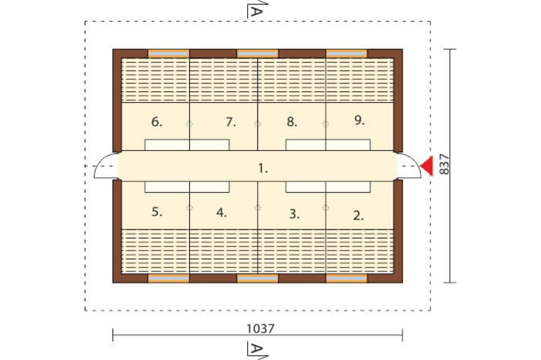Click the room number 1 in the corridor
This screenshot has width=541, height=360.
click(x=263, y=168)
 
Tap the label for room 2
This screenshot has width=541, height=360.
click(x=358, y=215)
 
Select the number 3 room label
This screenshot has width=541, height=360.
click(x=294, y=214)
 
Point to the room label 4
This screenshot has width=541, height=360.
click(x=221, y=213)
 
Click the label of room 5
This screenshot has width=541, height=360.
click(x=156, y=211)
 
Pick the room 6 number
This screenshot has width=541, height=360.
click(x=156, y=121)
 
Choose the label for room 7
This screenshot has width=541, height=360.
click(x=231, y=122)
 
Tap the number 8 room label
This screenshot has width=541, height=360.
click(x=292, y=121)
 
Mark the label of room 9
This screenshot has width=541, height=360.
click(x=359, y=120)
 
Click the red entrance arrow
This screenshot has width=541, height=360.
click(x=427, y=166)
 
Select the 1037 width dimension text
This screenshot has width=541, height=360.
click(x=260, y=329)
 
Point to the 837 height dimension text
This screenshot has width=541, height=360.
click(x=444, y=164)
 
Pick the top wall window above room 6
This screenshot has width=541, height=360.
click(x=169, y=53)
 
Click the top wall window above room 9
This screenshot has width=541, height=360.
click(x=347, y=53)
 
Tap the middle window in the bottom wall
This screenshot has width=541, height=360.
click(x=257, y=278)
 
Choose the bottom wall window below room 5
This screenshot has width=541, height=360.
click(x=169, y=278)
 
